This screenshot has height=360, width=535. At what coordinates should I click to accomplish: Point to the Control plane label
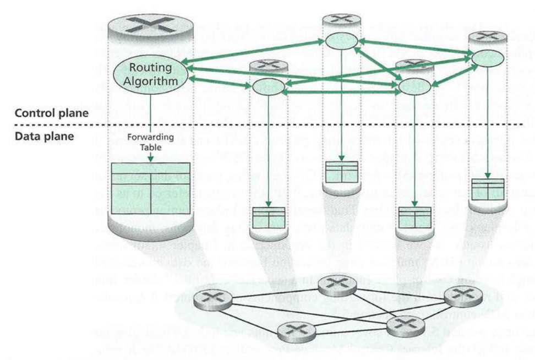[51, 114]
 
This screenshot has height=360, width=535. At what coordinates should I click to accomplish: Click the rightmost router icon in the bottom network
[458, 293]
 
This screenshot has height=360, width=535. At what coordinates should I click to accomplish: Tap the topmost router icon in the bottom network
[336, 284]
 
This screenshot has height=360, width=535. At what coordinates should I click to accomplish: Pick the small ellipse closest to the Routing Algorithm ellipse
[268, 86]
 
